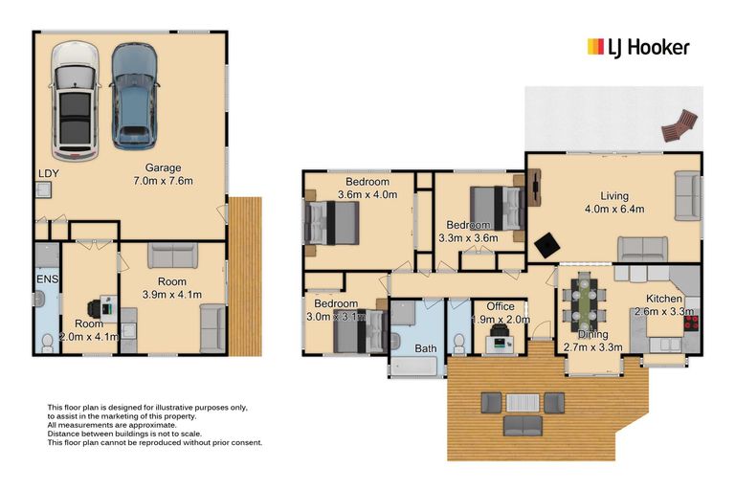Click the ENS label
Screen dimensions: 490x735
click(45, 278)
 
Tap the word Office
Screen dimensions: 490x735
click(501, 307)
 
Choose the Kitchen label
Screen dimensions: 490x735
click(663, 299)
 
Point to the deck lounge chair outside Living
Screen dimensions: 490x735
click(679, 125)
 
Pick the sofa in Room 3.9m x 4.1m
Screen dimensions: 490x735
click(172, 256)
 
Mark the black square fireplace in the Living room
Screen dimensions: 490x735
click(546, 245)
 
